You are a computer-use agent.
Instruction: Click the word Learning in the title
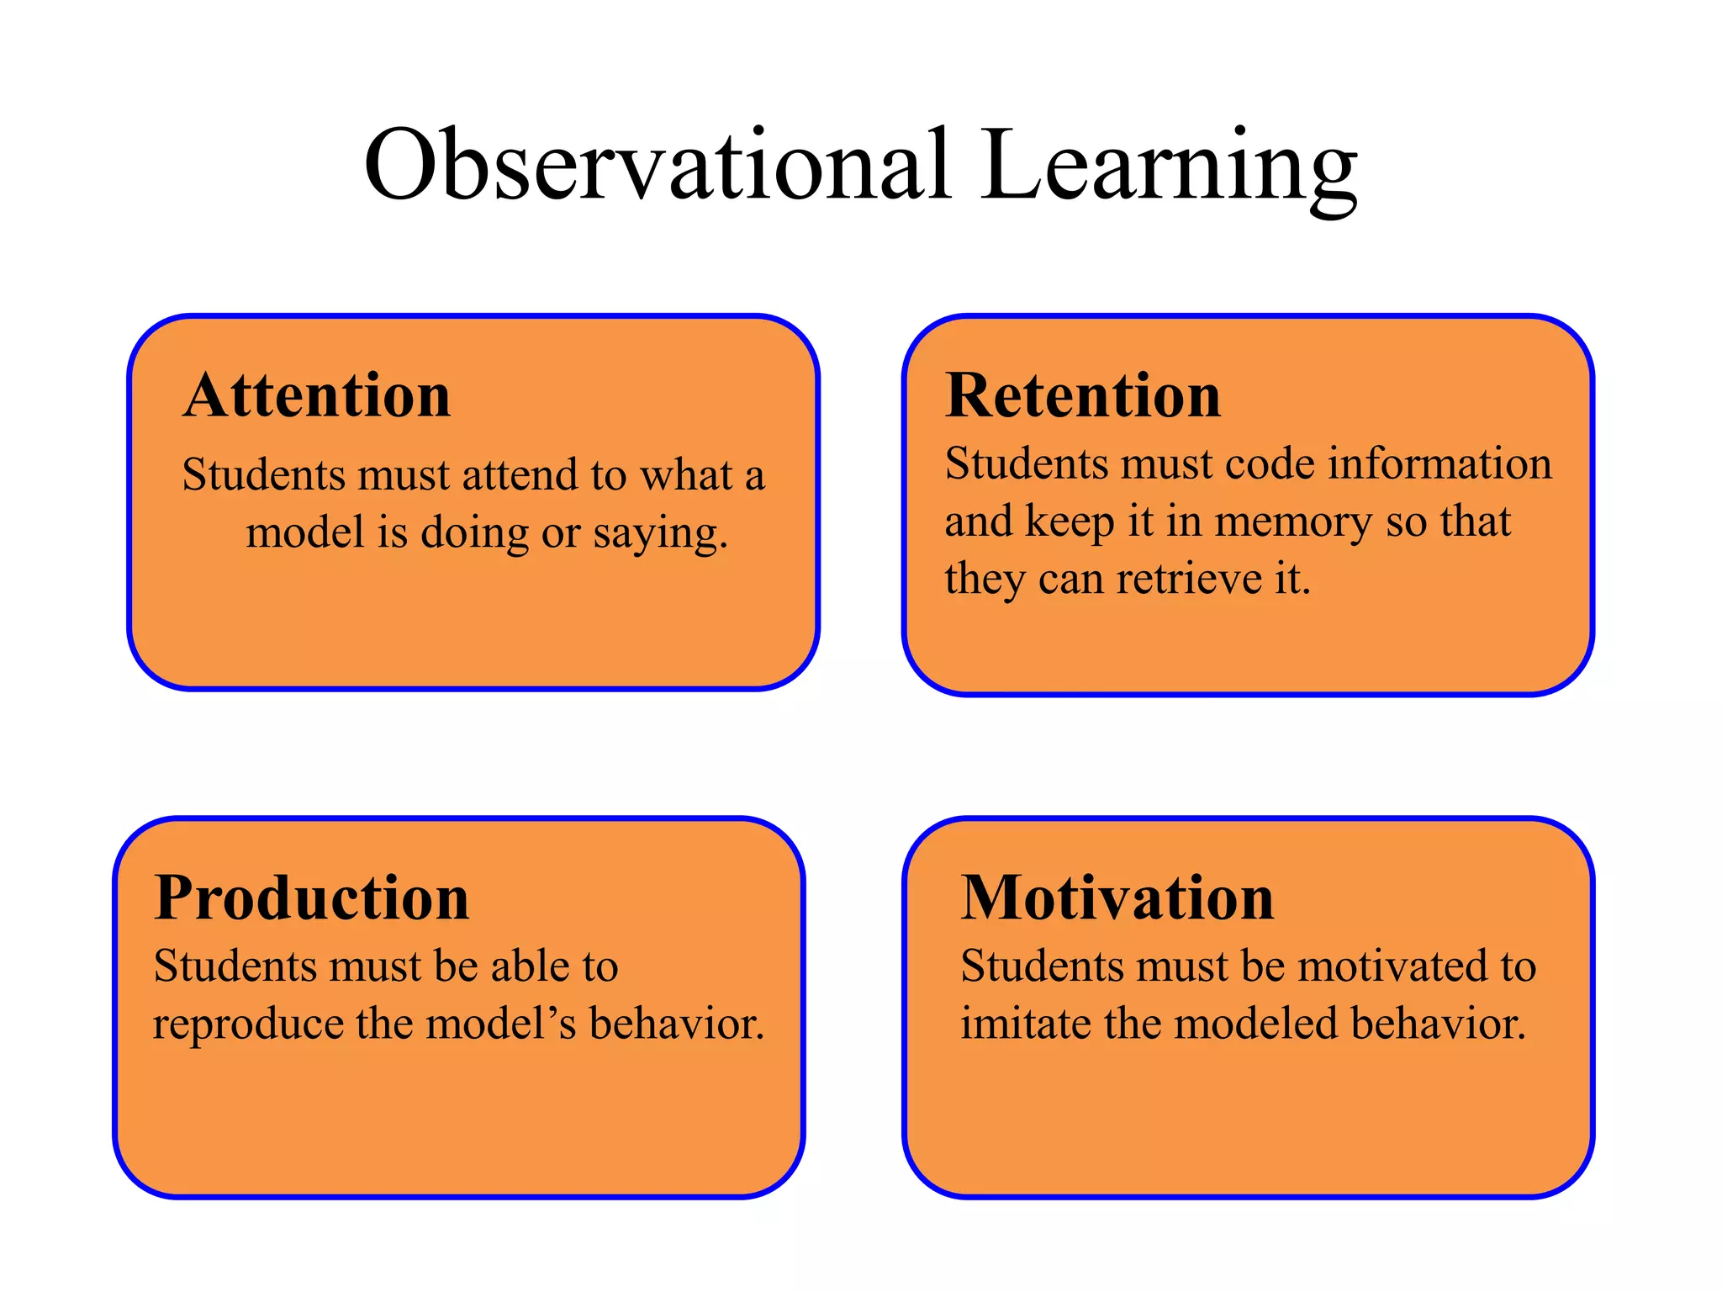[1168, 165]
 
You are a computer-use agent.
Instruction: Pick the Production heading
[311, 898]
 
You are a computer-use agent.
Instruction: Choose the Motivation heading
[1117, 898]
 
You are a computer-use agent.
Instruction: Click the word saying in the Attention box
[660, 533]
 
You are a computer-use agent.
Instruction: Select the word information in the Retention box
[1439, 464]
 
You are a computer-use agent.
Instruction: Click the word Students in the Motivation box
[1042, 966]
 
